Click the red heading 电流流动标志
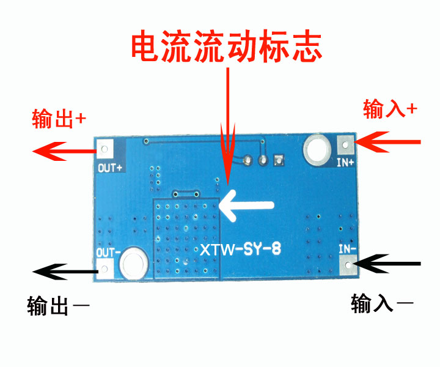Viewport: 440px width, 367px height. [227, 46]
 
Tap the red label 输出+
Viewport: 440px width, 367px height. [59, 119]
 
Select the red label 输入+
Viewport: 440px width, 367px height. [390, 109]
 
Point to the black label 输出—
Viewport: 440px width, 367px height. [59, 305]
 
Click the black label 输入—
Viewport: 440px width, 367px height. [382, 303]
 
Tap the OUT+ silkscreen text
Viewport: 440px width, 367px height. [110, 168]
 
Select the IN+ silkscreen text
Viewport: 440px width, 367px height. [345, 162]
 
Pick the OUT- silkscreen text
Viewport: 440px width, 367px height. [108, 253]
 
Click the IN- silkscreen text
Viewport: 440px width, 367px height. [347, 249]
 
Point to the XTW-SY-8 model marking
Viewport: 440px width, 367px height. [240, 249]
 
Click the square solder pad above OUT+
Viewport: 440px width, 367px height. [105, 149]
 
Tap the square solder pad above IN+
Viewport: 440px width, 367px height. [345, 145]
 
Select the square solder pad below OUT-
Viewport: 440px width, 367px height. [105, 269]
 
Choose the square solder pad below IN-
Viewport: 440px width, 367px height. [348, 265]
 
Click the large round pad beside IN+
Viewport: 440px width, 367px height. [317, 149]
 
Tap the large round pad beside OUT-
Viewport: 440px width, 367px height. [133, 264]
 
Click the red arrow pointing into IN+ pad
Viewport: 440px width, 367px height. [387, 142]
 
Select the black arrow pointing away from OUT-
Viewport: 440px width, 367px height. [65, 272]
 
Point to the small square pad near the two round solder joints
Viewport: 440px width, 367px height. [279, 160]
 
